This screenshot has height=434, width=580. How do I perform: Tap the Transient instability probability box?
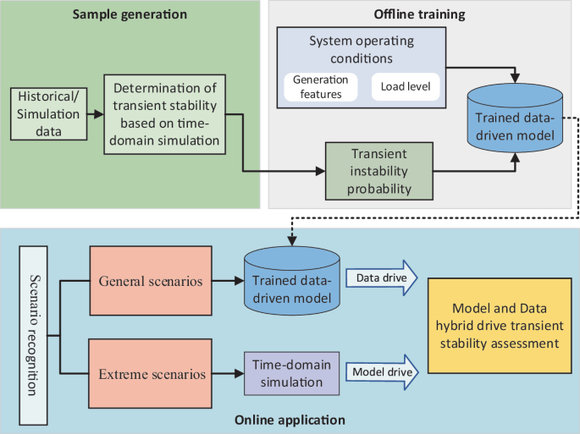[x=378, y=170]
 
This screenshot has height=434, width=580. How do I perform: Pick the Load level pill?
[x=406, y=85]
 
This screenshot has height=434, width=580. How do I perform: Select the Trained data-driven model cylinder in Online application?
[x=290, y=280]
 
